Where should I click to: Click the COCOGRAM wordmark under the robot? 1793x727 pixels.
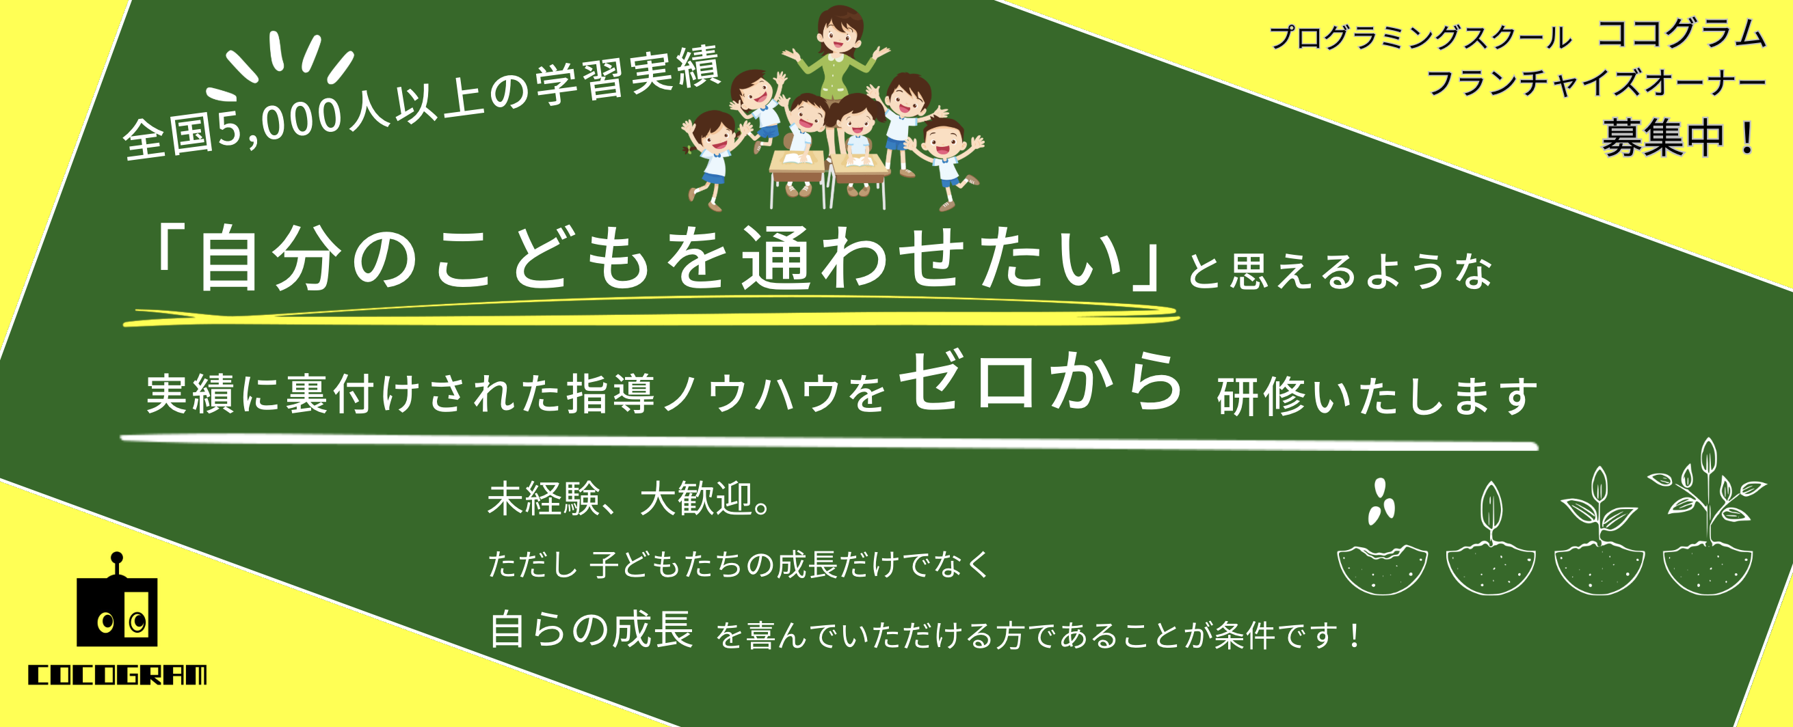point(117,675)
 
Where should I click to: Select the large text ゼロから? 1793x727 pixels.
point(1041,382)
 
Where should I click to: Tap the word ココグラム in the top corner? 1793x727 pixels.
point(1682,34)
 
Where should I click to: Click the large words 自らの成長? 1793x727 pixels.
point(592,629)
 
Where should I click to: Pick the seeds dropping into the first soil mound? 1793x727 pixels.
point(1381,501)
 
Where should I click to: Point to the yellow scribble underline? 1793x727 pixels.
point(651,312)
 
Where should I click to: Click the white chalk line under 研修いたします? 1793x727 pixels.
point(829,441)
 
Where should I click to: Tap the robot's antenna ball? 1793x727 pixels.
point(117,558)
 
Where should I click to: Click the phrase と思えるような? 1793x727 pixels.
point(1340,271)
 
